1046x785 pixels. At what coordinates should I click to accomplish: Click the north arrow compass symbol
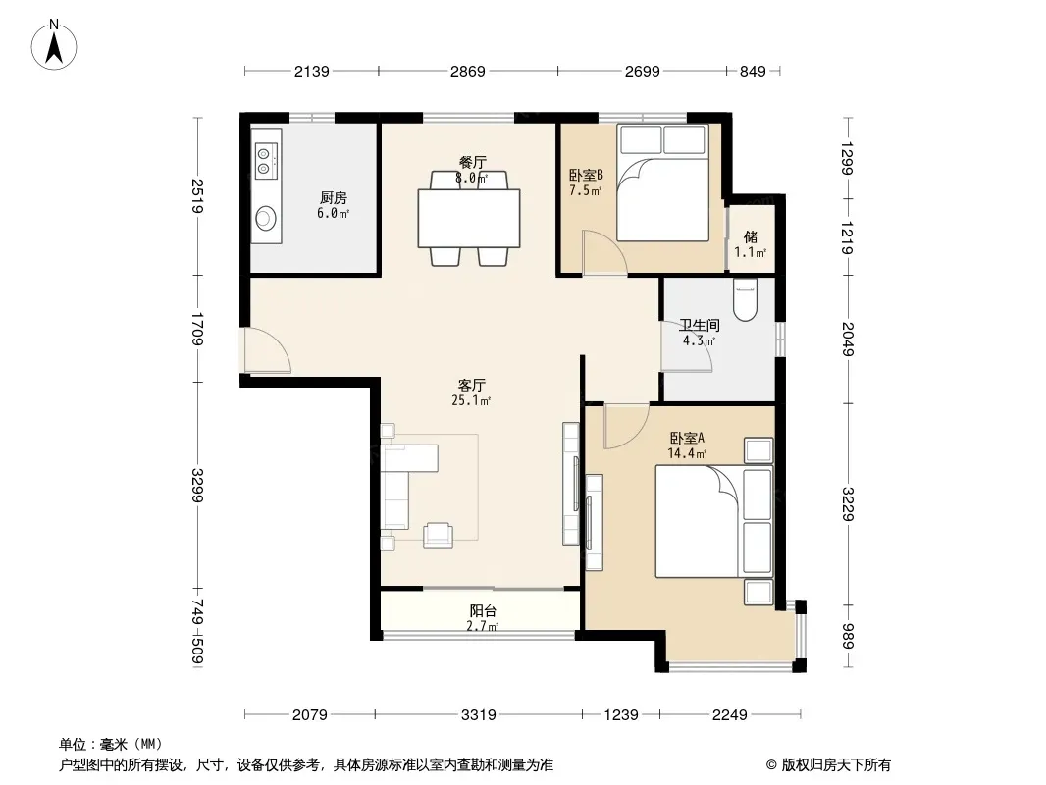[x=54, y=45]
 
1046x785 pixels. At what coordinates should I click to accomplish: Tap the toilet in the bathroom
[x=745, y=300]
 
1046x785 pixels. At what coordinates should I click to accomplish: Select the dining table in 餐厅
[x=469, y=218]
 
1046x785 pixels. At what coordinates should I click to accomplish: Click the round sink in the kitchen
[x=266, y=218]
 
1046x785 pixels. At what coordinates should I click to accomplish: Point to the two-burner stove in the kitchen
[x=265, y=161]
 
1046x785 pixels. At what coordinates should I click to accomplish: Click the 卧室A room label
[x=687, y=439]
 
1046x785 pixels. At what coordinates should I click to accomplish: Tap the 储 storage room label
[x=751, y=236]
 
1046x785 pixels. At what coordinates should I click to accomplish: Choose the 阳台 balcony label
[x=483, y=611]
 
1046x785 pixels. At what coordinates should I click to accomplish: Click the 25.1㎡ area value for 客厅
[x=471, y=400]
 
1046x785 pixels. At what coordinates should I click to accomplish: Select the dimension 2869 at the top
[x=468, y=72]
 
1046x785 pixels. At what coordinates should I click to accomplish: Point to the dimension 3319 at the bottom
[x=478, y=715]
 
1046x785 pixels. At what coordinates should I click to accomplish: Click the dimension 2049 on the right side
[x=848, y=339]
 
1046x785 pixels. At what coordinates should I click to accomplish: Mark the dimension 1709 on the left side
[x=197, y=329]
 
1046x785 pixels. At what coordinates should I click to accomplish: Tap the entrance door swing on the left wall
[x=267, y=349]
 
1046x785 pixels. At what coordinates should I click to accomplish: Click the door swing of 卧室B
[x=604, y=252]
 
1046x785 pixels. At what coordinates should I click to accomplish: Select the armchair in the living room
[x=438, y=535]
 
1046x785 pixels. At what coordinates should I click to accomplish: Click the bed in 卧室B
[x=662, y=183]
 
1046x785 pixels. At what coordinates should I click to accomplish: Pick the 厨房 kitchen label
[x=333, y=198]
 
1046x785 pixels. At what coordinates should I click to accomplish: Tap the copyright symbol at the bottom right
[x=771, y=765]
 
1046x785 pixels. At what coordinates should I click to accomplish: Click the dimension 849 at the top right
[x=753, y=72]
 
